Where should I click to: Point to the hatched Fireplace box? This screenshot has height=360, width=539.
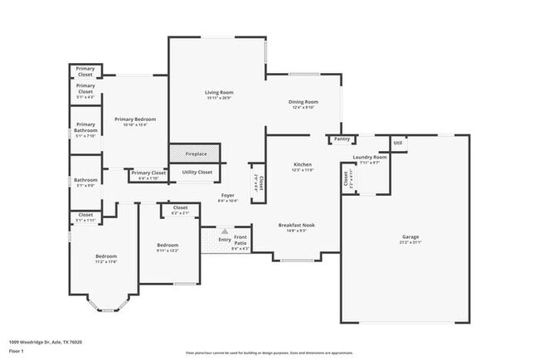coord(196,153)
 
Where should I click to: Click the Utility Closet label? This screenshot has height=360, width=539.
coord(197,172)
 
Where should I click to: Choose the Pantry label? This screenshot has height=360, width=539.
coord(342,139)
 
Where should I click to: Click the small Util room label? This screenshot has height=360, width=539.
coord(398,144)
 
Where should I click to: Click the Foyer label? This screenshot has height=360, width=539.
coord(227,197)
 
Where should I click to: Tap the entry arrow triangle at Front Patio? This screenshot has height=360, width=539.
coord(224,232)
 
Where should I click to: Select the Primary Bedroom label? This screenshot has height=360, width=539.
coord(134,122)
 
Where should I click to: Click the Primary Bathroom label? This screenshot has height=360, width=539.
coord(85,132)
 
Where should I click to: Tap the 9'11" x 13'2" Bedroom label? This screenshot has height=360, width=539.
coord(168,247)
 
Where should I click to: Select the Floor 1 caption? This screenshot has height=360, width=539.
coord(17,351)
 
